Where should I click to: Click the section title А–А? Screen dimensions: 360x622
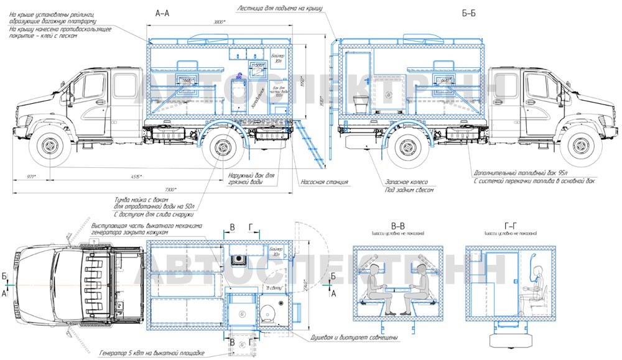pos(162,12)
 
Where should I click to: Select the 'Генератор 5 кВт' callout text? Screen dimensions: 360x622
pos(152,353)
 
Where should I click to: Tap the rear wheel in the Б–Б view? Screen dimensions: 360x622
pos(407,147)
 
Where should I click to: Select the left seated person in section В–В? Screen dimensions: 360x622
pos(376,285)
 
